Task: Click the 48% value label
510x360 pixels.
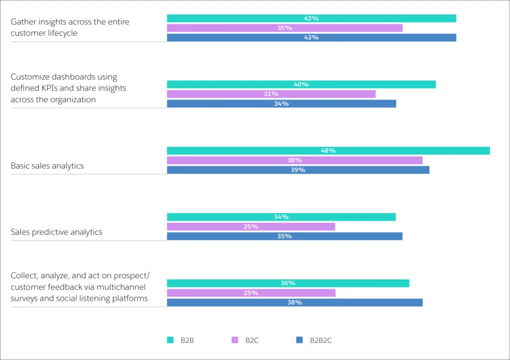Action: [328, 150]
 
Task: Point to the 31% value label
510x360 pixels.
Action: [271, 94]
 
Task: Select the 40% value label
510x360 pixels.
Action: [301, 84]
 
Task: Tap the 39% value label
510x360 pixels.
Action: [298, 170]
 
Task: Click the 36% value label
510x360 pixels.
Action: [288, 283]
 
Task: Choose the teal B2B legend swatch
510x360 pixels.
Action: [170, 340]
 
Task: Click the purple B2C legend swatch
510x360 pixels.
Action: [235, 340]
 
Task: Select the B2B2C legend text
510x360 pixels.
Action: [321, 341]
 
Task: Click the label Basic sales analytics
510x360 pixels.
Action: [47, 166]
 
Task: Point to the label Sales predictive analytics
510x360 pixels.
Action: [56, 232]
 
